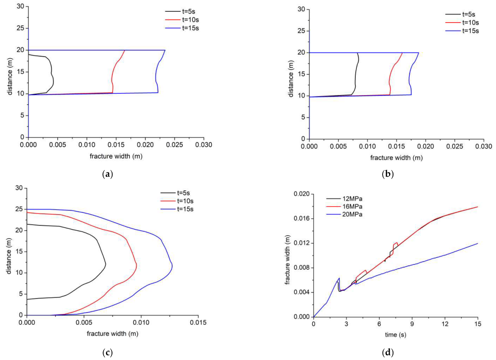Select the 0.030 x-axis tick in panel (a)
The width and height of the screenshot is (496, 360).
pos(203,145)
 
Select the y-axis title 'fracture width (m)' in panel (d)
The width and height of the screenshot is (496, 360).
pos(287,255)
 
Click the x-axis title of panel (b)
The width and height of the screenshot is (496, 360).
pos(396,158)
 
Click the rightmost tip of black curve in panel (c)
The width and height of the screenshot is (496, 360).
pos(105,265)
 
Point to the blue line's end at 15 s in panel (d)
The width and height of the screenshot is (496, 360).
pos(477,243)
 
